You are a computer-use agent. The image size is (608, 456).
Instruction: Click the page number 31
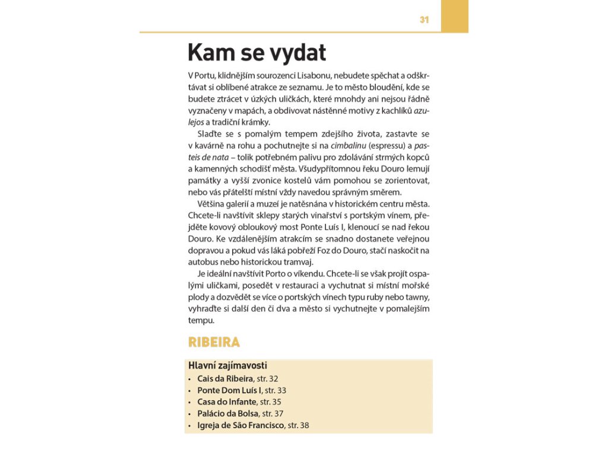pos(424,20)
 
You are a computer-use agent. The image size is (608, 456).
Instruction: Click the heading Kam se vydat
pos(256,53)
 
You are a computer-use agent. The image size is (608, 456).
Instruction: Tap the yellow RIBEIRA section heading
pos(214,343)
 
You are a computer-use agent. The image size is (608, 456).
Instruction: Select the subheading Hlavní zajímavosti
pos(227,366)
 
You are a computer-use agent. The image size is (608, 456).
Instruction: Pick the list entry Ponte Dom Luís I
pos(229,390)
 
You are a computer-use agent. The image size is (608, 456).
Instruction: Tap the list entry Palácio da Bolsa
pos(228,414)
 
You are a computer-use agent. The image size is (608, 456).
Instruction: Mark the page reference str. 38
pos(298,426)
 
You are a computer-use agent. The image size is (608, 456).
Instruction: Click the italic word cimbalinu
pos(347,145)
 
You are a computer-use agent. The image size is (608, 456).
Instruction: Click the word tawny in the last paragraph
pos(417,297)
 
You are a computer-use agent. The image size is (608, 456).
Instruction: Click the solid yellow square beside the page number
pos(454,16)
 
